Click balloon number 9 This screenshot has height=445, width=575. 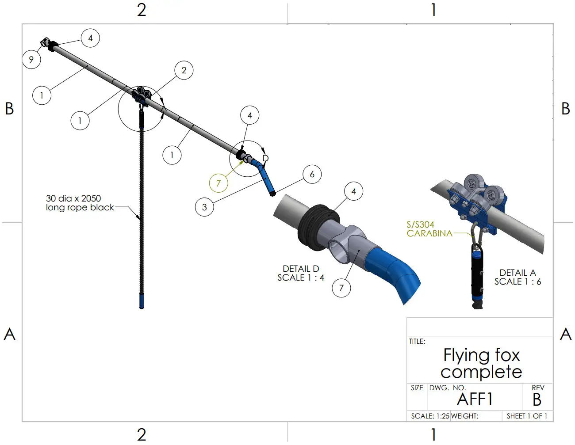(31, 59)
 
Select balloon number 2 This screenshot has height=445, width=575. (184, 70)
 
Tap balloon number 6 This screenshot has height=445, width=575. (312, 174)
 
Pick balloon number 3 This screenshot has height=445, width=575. (204, 207)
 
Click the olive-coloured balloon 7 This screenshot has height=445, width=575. (218, 183)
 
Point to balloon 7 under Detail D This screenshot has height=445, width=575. (341, 288)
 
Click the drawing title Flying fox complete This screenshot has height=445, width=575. (481, 363)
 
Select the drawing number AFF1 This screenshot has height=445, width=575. (475, 399)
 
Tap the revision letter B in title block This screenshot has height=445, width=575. (537, 399)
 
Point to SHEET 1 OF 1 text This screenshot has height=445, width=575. (527, 416)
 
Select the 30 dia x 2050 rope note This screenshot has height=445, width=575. (80, 203)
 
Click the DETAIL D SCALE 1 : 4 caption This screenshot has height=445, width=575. (301, 273)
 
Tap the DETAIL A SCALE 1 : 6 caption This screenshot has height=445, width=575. (517, 277)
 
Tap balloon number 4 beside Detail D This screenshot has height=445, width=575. (353, 191)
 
